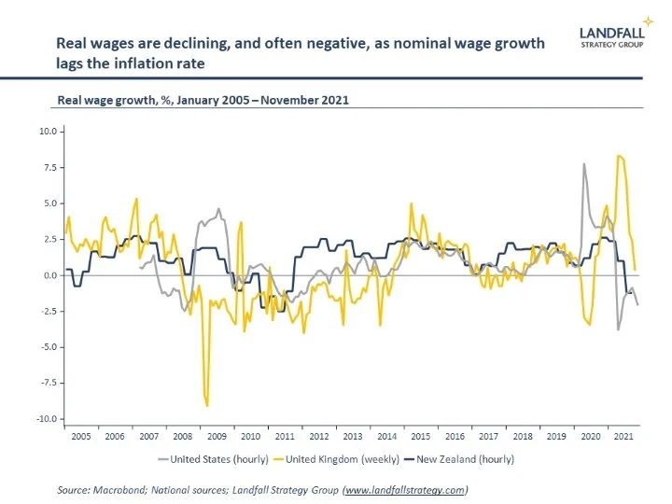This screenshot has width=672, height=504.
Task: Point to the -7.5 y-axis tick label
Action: coord(47,383)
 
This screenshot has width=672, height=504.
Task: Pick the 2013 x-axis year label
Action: coord(353,437)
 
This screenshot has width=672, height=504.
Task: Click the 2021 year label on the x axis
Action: coord(625,437)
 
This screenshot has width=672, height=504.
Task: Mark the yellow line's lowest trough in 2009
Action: coord(206,405)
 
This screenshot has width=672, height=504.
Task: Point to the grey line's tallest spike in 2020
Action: coord(584,164)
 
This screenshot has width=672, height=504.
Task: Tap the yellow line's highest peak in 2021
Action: coord(620,156)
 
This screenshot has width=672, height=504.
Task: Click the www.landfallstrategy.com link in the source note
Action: coord(404,489)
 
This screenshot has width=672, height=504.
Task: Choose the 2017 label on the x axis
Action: coord(489,437)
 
